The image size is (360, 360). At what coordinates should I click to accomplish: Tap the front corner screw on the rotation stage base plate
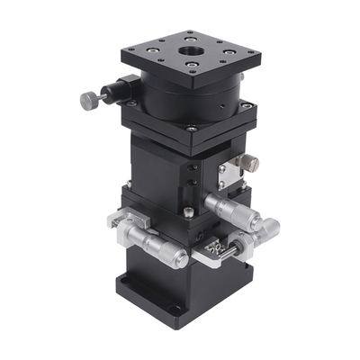point(192,129)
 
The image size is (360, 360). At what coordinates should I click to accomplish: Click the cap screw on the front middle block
point(188,212)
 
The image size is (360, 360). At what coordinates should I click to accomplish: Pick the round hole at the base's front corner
point(176,314)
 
